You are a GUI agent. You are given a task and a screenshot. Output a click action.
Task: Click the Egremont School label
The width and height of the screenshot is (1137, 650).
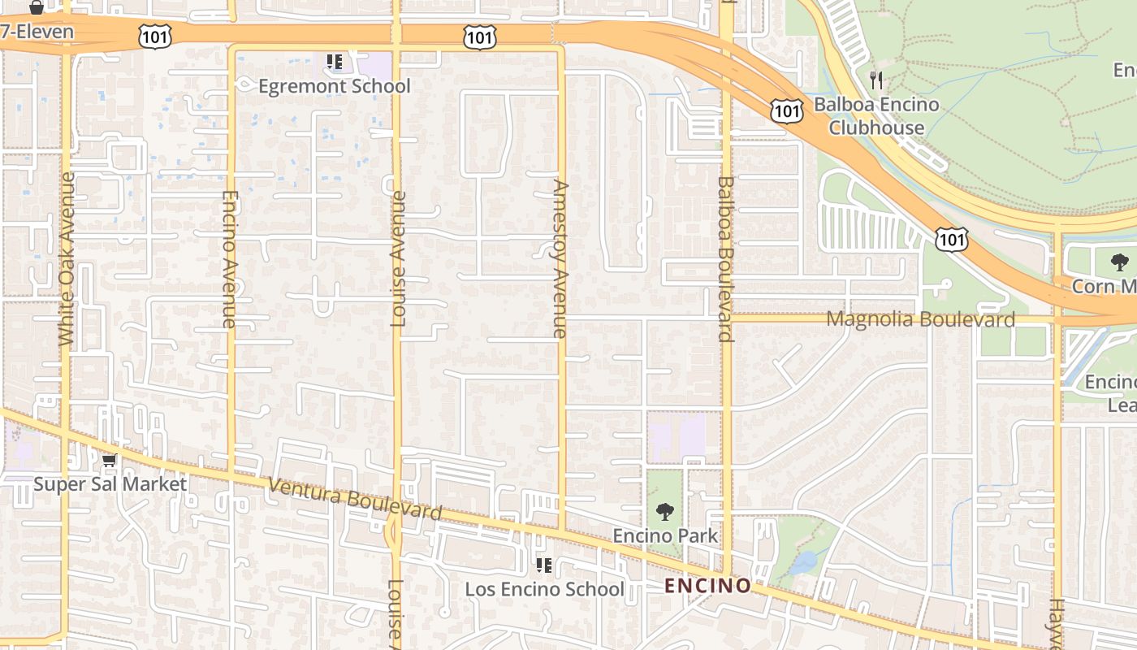(335, 86)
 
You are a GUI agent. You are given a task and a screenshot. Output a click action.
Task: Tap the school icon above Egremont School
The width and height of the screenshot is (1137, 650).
(334, 61)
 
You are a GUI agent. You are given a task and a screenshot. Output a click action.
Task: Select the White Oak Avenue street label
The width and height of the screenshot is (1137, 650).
(67, 258)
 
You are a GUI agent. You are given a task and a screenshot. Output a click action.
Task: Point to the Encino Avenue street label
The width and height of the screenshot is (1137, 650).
(229, 258)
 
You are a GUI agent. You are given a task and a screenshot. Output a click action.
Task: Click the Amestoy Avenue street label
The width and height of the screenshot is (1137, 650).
(560, 258)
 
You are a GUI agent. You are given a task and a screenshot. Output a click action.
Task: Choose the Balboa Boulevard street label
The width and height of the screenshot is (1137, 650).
(725, 258)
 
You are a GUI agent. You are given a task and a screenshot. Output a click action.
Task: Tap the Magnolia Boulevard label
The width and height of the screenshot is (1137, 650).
(920, 319)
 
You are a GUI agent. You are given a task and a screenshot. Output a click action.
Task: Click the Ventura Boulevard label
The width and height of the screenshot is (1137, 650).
(355, 498)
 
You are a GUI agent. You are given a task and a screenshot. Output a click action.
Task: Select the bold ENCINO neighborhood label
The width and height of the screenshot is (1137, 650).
(708, 586)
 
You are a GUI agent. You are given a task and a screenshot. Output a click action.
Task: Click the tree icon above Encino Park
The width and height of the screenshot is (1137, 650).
(665, 512)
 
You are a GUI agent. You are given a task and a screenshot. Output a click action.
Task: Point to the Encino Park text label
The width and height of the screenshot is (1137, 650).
(665, 535)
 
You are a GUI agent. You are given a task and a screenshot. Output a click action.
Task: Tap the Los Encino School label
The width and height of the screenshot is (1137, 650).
(544, 589)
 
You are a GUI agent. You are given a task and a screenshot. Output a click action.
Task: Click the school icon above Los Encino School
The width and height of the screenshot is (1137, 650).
(543, 565)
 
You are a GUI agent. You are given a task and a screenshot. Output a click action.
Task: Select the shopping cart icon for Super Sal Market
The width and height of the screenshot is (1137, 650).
(110, 461)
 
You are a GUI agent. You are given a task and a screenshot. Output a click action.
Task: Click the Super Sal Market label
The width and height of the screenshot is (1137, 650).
(110, 484)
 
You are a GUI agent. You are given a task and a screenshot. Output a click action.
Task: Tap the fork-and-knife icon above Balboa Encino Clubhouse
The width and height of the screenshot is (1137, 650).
(875, 80)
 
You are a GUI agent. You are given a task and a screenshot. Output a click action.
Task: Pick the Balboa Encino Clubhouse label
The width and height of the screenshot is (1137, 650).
(876, 116)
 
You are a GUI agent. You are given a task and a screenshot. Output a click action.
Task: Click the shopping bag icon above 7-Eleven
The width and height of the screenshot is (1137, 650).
(36, 7)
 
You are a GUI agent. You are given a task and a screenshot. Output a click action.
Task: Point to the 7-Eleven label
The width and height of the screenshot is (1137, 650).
(37, 32)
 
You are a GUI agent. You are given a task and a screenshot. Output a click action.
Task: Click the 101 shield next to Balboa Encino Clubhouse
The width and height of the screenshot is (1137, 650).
(786, 111)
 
